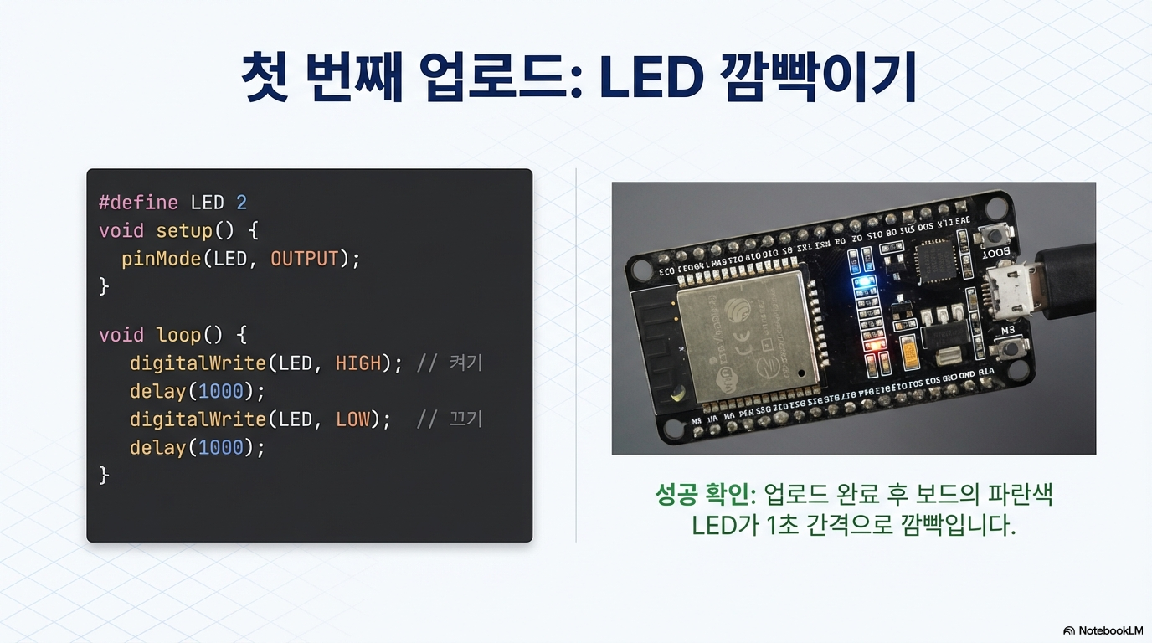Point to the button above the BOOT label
coord(995,235)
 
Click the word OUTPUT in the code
coord(304,259)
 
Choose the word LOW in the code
coord(352,419)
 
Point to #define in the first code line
coord(138,203)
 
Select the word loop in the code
coord(178,336)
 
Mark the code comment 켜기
coord(466,363)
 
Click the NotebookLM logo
coord(1103,630)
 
